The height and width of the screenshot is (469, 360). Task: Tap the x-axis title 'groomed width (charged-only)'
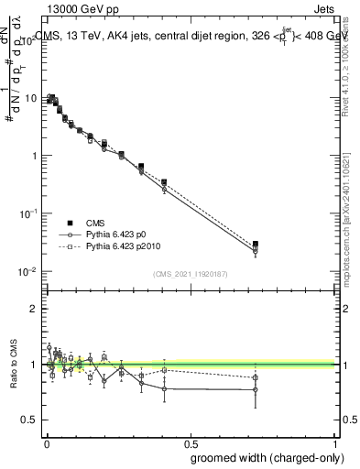click(x=267, y=457)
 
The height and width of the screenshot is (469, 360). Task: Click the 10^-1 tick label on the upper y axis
click(x=27, y=213)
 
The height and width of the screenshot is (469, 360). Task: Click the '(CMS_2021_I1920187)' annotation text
click(x=190, y=273)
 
